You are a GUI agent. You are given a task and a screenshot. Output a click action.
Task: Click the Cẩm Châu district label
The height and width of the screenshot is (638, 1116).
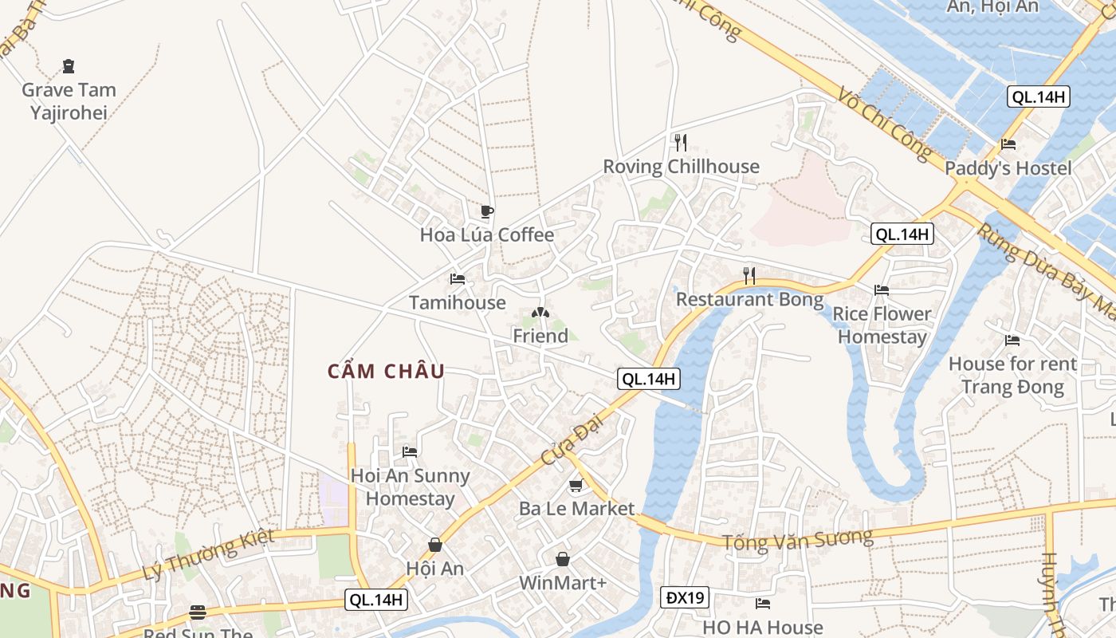(386, 372)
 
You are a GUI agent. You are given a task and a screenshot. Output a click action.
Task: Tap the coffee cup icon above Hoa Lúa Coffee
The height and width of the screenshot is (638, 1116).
(486, 212)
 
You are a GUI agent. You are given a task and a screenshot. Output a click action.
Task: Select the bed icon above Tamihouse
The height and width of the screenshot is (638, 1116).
(458, 279)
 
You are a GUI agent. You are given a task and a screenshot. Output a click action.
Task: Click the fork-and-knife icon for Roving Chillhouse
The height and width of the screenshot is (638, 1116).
(680, 143)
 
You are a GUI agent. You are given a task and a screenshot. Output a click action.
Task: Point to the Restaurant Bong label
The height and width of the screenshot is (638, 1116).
(749, 300)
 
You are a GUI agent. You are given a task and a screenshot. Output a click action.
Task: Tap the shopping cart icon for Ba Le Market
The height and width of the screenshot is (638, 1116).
(576, 485)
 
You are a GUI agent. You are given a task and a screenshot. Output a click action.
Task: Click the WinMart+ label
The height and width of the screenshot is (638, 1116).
(563, 583)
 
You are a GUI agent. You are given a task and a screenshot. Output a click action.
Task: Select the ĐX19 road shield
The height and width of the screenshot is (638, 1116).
(684, 597)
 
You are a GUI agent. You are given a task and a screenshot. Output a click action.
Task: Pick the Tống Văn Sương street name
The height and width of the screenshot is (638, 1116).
(797, 540)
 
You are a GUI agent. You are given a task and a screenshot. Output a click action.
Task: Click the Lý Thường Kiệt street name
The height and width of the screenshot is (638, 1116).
(208, 554)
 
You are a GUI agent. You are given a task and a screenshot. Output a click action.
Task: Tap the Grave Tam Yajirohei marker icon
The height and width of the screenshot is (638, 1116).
(69, 66)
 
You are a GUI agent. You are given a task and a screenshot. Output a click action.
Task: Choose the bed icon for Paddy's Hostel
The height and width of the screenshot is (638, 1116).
(1008, 145)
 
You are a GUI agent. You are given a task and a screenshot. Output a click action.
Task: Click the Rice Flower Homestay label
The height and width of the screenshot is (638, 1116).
(882, 325)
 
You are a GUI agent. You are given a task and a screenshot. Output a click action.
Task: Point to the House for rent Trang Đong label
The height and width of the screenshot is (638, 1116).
(1012, 376)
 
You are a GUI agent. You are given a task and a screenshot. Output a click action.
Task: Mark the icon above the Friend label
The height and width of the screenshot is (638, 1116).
(540, 313)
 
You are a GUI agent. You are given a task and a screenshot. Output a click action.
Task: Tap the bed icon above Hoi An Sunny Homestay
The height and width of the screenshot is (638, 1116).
(410, 451)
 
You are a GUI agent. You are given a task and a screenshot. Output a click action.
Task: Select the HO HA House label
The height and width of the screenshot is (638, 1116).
(762, 628)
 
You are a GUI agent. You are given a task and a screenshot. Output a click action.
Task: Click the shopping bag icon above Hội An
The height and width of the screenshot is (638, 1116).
(435, 545)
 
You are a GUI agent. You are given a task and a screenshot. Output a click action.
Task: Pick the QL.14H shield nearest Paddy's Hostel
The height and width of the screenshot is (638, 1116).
(1038, 97)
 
